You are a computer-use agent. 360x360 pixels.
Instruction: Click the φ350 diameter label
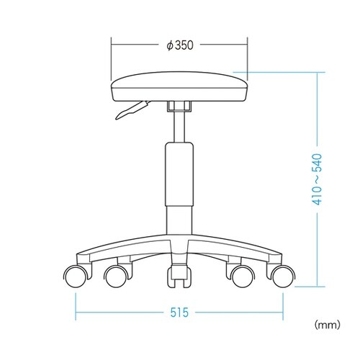tap(180, 44)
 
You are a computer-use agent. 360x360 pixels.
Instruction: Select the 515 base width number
tap(180, 313)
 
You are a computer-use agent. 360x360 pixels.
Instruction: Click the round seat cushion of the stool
tap(179, 88)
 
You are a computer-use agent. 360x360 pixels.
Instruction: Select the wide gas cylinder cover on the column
tap(179, 173)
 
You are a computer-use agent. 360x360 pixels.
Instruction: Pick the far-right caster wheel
tap(283, 275)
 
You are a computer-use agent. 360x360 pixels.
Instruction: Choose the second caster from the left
tap(117, 275)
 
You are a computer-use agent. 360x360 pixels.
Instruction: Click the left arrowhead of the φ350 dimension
tap(112, 44)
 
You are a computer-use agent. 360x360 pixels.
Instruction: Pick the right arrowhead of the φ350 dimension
tap(246, 44)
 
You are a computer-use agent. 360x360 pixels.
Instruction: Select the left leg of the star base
tap(122, 249)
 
